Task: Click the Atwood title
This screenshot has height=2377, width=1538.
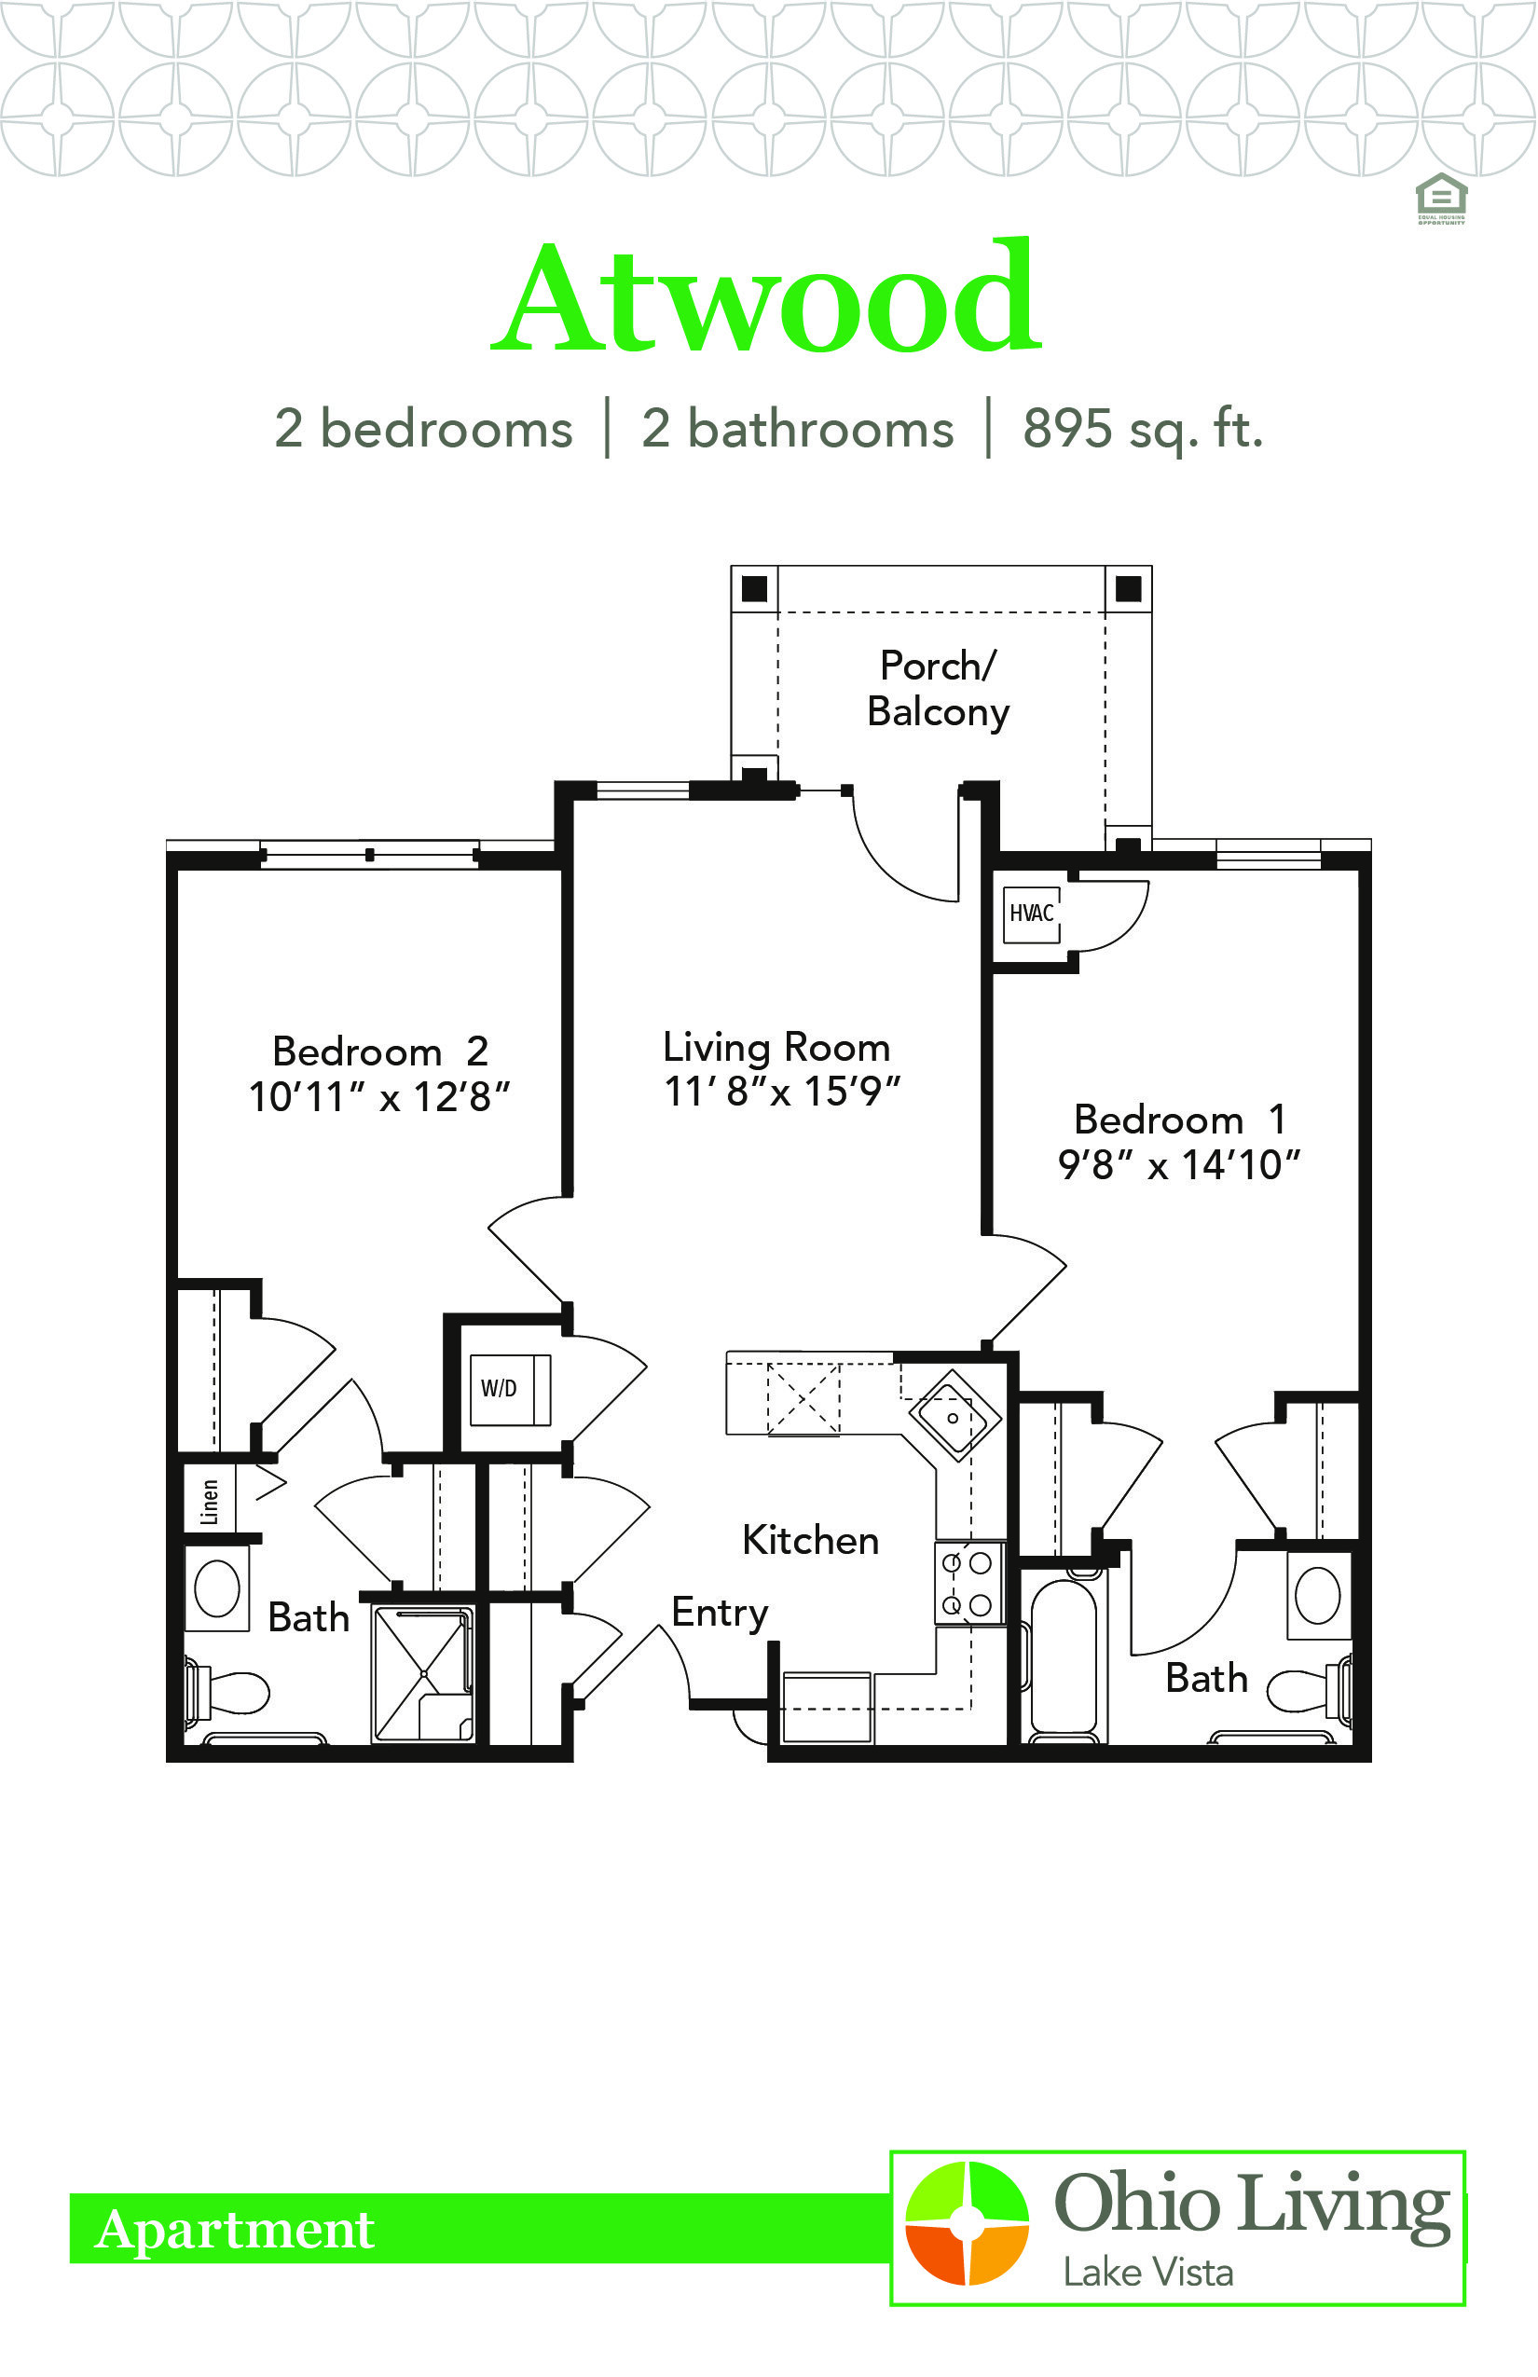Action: pos(767,297)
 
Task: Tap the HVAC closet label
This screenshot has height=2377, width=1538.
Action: pos(1031,913)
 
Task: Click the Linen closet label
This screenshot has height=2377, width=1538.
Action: pos(210,1501)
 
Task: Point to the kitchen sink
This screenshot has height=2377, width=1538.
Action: pos(954,1417)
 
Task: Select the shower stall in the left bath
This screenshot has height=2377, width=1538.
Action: pos(423,1675)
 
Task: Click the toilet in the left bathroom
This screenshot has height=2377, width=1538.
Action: pos(227,1693)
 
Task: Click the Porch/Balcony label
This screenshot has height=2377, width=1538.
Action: pos(938,689)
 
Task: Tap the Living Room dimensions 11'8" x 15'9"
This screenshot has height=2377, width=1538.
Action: pos(782,1092)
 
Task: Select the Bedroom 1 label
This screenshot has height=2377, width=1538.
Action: pos(1179,1120)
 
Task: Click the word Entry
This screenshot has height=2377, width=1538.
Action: pos(720,1613)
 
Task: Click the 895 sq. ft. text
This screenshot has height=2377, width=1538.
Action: pos(1143,430)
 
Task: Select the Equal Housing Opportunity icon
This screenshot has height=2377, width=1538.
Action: pos(1441,199)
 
